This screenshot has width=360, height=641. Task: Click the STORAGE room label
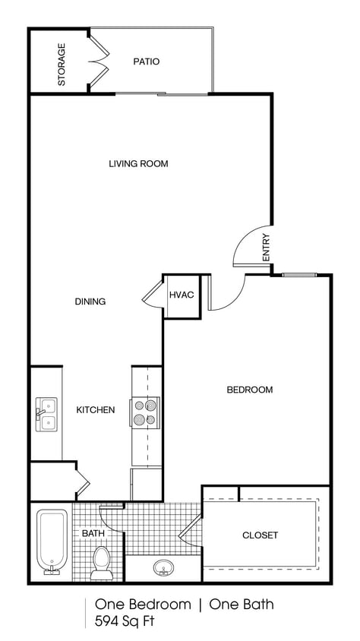pyautogui.click(x=62, y=64)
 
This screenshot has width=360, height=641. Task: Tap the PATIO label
pyautogui.click(x=146, y=62)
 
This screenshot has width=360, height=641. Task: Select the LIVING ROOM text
pyautogui.click(x=137, y=163)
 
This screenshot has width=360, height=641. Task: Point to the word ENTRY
pyautogui.click(x=266, y=248)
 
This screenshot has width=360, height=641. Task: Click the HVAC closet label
pyautogui.click(x=181, y=295)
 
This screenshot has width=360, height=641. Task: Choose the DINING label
pyautogui.click(x=90, y=302)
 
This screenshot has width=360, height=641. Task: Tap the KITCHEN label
pyautogui.click(x=96, y=410)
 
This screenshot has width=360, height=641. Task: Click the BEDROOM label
pyautogui.click(x=249, y=390)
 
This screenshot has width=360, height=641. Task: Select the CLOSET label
pyautogui.click(x=260, y=535)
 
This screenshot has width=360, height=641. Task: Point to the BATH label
pyautogui.click(x=93, y=534)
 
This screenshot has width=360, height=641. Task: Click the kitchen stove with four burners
pyautogui.click(x=145, y=412)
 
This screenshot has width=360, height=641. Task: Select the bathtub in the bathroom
pyautogui.click(x=52, y=542)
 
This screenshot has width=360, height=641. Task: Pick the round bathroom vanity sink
pyautogui.click(x=162, y=567)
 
